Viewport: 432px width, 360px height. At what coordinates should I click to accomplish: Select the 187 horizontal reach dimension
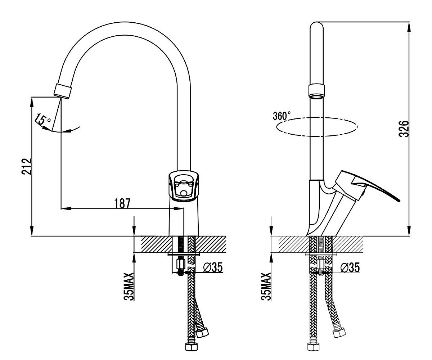pyautogui.click(x=122, y=203)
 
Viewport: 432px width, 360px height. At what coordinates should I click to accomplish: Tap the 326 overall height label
pyautogui.click(x=404, y=129)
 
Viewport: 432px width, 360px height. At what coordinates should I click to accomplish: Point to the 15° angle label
pyautogui.click(x=42, y=120)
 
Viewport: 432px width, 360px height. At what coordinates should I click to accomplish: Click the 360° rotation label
pyautogui.click(x=282, y=116)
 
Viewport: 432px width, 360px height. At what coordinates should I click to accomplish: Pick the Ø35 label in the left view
pyautogui.click(x=213, y=267)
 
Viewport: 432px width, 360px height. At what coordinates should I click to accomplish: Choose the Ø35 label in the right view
pyautogui.click(x=350, y=267)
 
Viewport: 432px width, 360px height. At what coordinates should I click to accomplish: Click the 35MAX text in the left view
pyautogui.click(x=129, y=286)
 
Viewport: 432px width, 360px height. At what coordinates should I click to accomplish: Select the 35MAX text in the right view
pyautogui.click(x=266, y=286)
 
